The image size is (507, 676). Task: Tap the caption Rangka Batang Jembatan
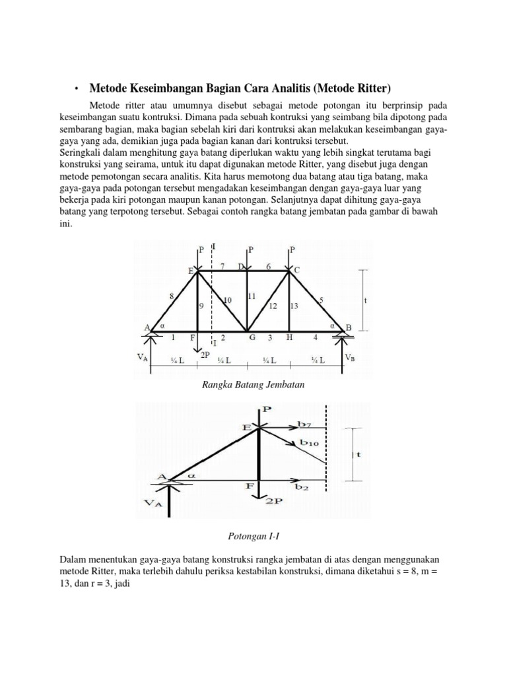tap(253, 385)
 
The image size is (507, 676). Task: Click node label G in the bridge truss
tap(252, 337)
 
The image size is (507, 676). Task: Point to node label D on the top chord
tap(242, 266)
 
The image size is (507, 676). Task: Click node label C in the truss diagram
tap(296, 269)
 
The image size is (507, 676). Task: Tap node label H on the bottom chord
tap(288, 337)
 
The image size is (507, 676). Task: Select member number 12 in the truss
tap(271, 306)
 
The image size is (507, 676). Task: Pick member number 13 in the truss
tap(294, 306)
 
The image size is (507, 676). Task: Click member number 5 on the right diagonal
tap(321, 300)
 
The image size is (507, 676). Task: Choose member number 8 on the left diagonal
tap(172, 296)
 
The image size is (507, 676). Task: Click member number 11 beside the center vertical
tap(252, 296)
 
